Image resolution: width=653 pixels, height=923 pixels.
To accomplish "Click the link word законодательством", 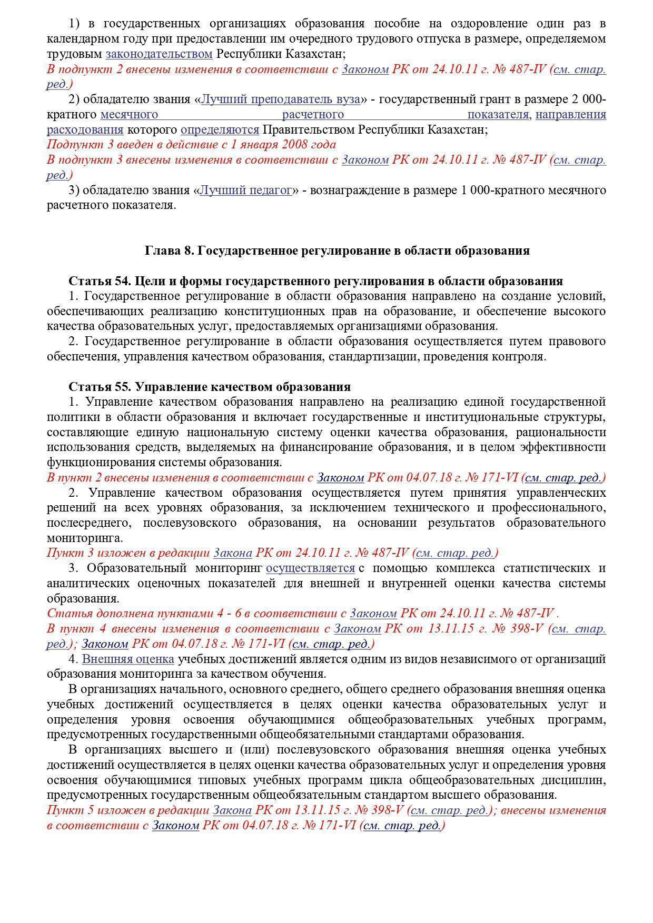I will pyautogui.click(x=159, y=54).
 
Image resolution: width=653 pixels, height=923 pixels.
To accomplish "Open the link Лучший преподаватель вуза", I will pyautogui.click(x=280, y=99).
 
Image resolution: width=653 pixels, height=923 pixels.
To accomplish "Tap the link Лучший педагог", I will pyautogui.click(x=246, y=190).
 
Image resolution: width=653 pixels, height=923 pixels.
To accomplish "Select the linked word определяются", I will pyautogui.click(x=220, y=129).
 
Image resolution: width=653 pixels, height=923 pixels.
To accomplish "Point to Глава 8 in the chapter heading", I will pyautogui.click(x=167, y=250).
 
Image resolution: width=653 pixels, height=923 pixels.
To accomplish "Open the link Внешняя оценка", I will pyautogui.click(x=128, y=659).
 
